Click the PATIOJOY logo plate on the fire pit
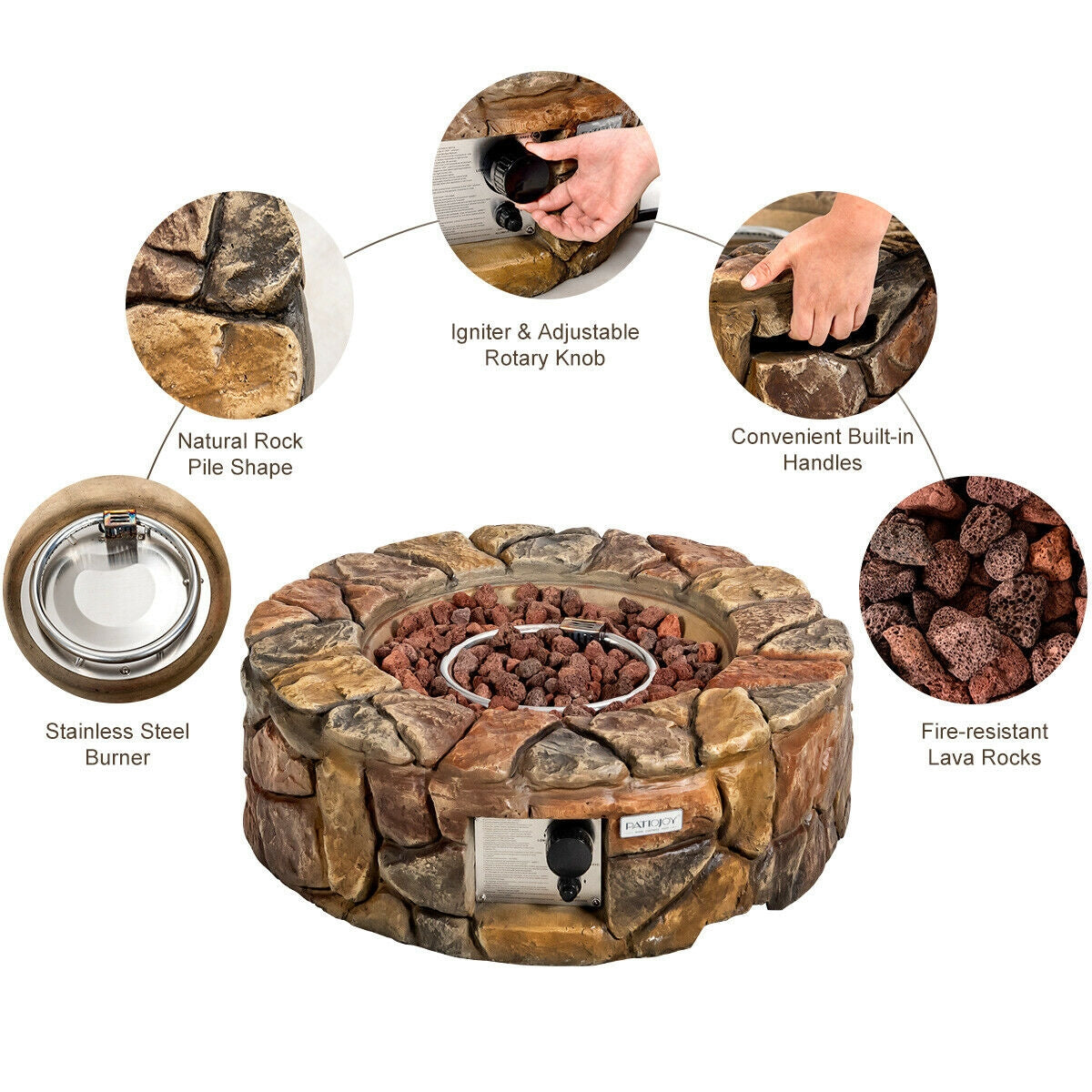tap(651, 824)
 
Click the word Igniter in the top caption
tap(481, 332)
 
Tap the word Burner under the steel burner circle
tap(117, 757)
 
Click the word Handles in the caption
tap(822, 462)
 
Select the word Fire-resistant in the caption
tap(984, 731)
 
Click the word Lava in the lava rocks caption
tap(951, 757)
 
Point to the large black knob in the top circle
tap(517, 171)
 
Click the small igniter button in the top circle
tap(507, 217)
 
